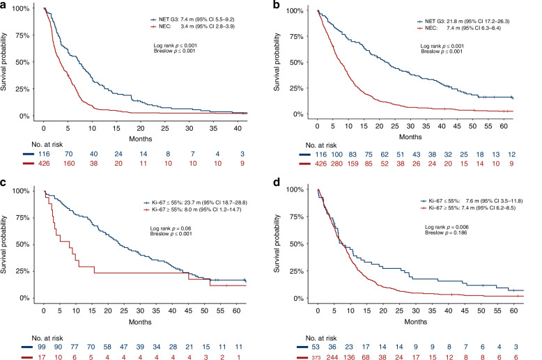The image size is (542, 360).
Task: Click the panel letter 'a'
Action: pos(3,5)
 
